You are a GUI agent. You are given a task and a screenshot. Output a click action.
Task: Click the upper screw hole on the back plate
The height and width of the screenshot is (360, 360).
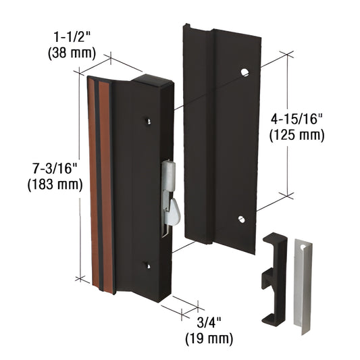pyautogui.click(x=245, y=71)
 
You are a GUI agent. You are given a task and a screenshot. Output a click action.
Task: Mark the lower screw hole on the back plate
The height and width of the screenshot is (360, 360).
pyautogui.click(x=241, y=219)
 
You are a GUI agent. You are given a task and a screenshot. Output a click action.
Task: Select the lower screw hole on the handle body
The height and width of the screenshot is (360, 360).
pyautogui.click(x=148, y=265)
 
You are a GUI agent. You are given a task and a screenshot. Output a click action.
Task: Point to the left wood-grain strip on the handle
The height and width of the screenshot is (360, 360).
pyautogui.click(x=93, y=182)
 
